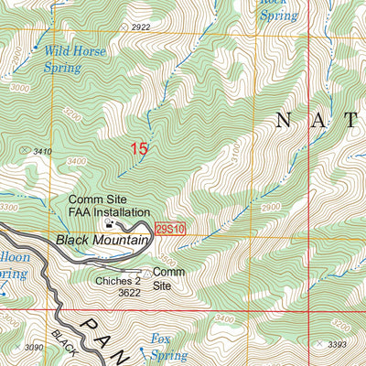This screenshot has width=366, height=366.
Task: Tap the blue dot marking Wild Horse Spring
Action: (36, 47)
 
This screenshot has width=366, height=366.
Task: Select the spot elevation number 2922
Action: (140, 27)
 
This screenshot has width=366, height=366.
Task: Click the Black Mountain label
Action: (102, 240)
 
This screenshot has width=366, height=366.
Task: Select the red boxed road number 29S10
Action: (170, 228)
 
